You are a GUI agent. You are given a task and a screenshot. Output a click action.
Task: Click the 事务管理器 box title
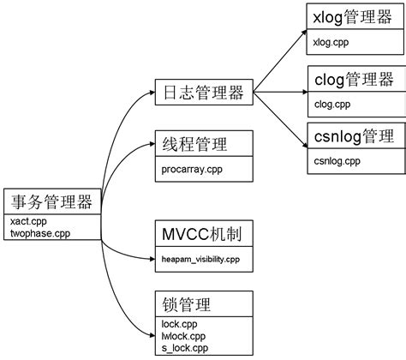[x=51, y=202]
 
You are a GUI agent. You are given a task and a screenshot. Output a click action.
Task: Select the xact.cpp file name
[x=28, y=220]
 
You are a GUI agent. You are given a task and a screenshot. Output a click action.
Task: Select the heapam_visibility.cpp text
[x=201, y=258]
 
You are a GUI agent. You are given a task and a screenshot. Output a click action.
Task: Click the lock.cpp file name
[x=178, y=323]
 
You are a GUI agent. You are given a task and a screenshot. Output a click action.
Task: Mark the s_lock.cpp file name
[x=184, y=347]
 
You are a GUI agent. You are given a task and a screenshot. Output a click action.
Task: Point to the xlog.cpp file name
[x=331, y=41]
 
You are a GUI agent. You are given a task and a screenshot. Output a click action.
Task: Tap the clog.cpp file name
[x=331, y=104]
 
